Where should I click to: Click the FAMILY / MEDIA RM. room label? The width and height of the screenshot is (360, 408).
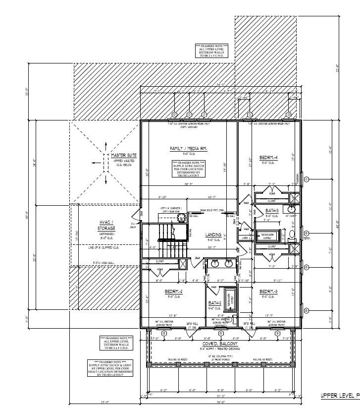coord(189,149)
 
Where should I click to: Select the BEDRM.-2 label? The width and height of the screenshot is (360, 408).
coord(174,291)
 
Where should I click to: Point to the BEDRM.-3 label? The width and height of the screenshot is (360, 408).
coord(268,291)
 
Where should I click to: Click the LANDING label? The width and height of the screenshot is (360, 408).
coord(213,234)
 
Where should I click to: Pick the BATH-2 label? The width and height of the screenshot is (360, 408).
coord(214,303)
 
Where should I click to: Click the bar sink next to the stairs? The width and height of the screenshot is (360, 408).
coord(181,216)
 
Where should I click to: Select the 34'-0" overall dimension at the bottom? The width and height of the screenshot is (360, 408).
coord(221,402)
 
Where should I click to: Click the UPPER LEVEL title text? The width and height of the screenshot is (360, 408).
coord(339,395)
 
